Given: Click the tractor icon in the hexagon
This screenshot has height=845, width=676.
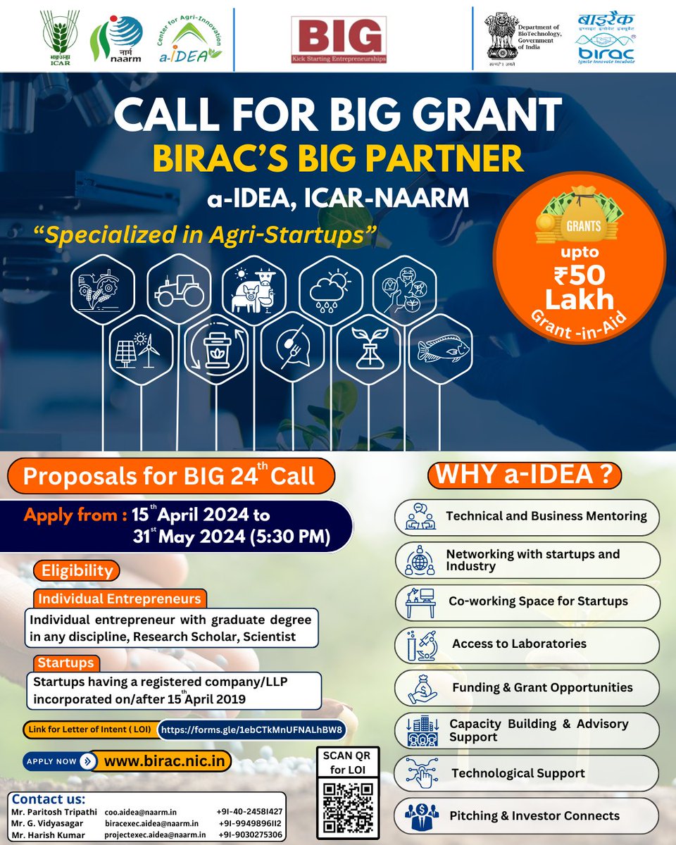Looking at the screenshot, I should (176, 289).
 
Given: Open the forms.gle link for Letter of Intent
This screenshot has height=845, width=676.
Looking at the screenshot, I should (252, 730).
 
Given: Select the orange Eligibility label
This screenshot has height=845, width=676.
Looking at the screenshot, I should (77, 570).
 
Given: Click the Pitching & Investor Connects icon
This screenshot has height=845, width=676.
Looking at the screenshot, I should (422, 815).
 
